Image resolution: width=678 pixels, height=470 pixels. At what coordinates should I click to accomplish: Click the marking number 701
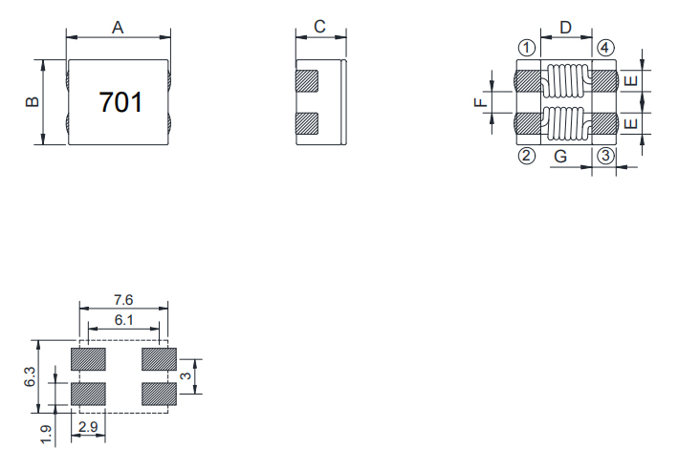[120, 102]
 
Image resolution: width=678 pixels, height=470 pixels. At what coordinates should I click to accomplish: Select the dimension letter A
[118, 27]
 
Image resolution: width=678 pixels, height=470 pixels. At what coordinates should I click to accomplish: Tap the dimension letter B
[32, 102]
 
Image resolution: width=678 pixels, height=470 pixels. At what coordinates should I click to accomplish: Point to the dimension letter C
[319, 27]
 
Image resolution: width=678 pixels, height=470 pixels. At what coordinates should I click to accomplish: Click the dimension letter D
[565, 27]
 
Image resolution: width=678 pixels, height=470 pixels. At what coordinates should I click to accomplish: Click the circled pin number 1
[525, 47]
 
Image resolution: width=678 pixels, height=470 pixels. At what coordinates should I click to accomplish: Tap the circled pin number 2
[525, 157]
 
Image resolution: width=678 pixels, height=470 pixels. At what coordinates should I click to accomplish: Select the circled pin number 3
[604, 157]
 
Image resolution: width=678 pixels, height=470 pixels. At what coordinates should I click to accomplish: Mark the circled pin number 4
[604, 47]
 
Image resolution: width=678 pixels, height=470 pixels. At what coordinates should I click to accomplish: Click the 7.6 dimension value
[123, 300]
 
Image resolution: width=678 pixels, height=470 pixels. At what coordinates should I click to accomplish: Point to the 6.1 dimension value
[123, 320]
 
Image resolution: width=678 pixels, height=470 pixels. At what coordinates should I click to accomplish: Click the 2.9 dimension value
[88, 427]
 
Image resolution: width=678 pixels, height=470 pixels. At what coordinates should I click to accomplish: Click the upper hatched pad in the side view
[307, 80]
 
